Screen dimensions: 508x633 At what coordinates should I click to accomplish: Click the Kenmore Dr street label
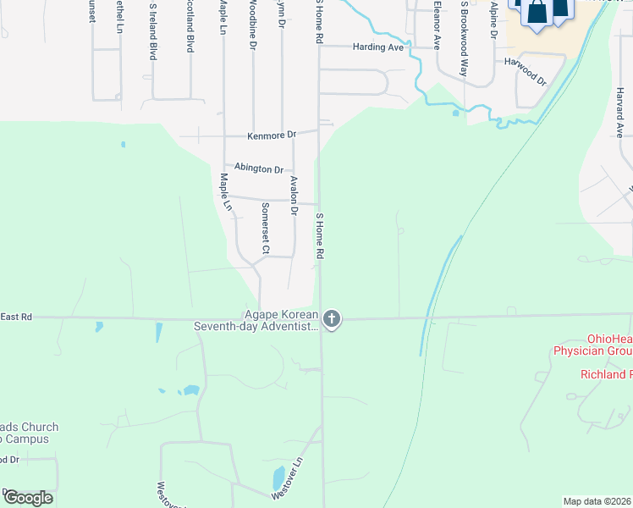[x=271, y=135]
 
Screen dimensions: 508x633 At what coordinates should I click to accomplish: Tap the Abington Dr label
[x=259, y=168]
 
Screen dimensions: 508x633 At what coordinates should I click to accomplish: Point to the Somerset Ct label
[x=265, y=229]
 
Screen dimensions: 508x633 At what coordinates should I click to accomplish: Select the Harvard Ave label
[x=619, y=119]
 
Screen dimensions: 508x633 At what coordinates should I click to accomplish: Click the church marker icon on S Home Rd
[x=332, y=319]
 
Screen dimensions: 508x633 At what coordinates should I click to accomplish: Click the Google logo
[x=27, y=497]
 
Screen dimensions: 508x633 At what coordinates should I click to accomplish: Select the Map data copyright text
[x=597, y=500]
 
